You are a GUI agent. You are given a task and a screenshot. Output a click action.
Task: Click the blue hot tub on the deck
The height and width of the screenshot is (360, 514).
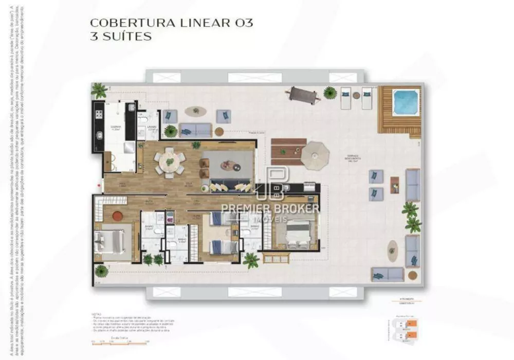pos(406,102)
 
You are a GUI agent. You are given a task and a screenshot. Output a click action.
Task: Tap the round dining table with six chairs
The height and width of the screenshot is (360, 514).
pos(170,163)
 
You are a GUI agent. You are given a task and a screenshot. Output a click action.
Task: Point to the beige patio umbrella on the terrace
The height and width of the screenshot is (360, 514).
pos(315,156)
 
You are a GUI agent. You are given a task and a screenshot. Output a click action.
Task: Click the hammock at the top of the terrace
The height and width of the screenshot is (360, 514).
pos(303,95)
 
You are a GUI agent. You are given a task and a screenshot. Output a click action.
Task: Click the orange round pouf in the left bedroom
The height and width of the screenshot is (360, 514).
pos(118,215)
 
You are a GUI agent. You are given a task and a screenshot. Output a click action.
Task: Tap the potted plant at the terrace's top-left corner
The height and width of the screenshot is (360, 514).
pos(99,91)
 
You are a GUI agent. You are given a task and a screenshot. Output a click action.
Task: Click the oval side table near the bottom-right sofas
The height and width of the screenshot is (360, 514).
pos(393,250)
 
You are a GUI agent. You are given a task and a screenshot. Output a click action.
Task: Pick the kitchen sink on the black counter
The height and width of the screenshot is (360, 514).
pos(99,137)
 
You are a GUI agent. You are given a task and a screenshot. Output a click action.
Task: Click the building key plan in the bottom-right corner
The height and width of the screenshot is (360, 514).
pos(404,329)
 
